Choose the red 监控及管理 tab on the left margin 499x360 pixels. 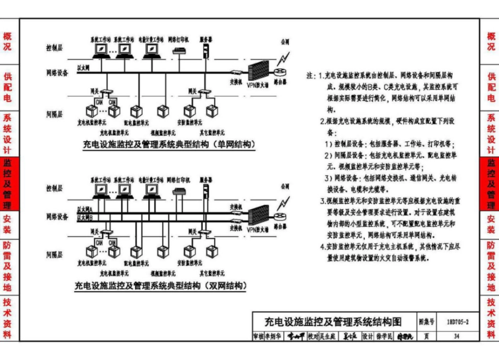click(x=8, y=184)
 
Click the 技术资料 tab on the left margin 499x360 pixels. click(x=8, y=319)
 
